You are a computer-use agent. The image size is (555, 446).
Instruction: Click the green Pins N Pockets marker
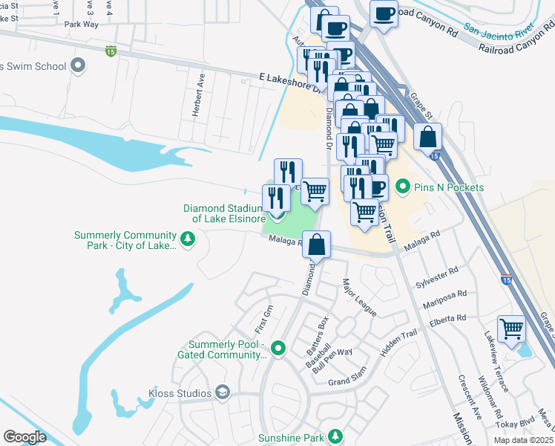pyautogui.click(x=403, y=187)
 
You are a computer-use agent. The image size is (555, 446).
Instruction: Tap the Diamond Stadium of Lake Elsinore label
pyautogui.click(x=230, y=213)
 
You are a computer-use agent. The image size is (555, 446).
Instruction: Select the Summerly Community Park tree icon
pyautogui.click(x=188, y=239)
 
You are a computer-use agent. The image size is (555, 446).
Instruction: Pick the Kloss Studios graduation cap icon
pyautogui.click(x=222, y=392)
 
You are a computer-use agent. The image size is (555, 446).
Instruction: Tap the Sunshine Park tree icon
pyautogui.click(x=335, y=436)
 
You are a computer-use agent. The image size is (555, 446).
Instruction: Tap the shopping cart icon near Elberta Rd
pyautogui.click(x=511, y=328)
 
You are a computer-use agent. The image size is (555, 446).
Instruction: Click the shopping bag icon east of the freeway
pyautogui.click(x=428, y=137)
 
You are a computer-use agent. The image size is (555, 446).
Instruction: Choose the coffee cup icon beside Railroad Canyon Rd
pyautogui.click(x=384, y=13)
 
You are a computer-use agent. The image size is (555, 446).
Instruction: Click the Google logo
pyautogui.click(x=24, y=437)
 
